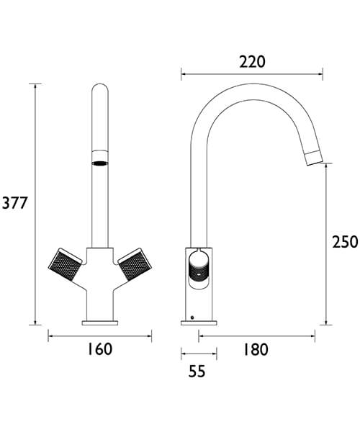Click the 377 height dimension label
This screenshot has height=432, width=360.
click(14, 204)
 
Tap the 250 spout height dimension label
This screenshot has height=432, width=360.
click(345, 242)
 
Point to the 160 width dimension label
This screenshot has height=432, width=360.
click(99, 349)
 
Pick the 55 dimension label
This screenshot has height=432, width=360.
click(197, 372)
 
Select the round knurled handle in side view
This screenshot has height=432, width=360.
click(198, 271)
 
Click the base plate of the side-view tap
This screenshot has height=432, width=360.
click(198, 322)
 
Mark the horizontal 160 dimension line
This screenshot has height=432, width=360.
click(99, 335)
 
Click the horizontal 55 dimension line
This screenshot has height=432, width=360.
click(198, 353)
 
